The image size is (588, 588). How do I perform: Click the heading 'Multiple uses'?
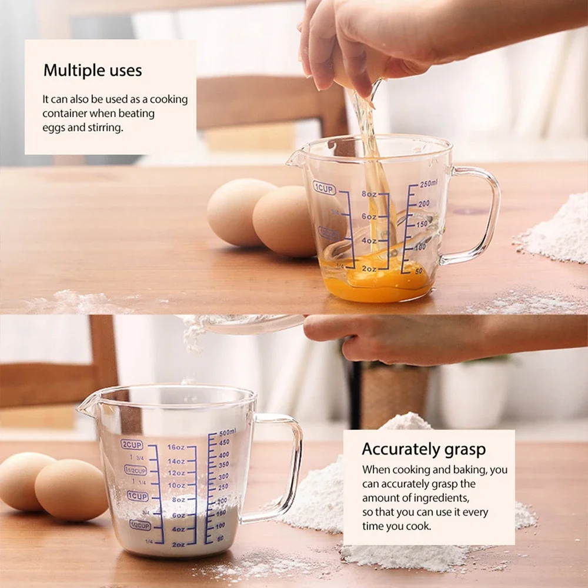[92, 71]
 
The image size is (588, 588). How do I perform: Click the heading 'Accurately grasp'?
[423, 450]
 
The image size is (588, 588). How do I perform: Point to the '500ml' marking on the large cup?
[227, 432]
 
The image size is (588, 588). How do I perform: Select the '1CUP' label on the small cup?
[324, 188]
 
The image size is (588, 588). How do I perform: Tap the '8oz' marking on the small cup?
[369, 194]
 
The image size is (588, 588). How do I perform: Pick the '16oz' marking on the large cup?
[176, 447]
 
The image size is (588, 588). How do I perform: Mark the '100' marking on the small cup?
[419, 248]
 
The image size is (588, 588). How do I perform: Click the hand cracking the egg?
[353, 41]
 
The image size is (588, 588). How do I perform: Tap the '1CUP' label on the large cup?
[138, 496]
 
